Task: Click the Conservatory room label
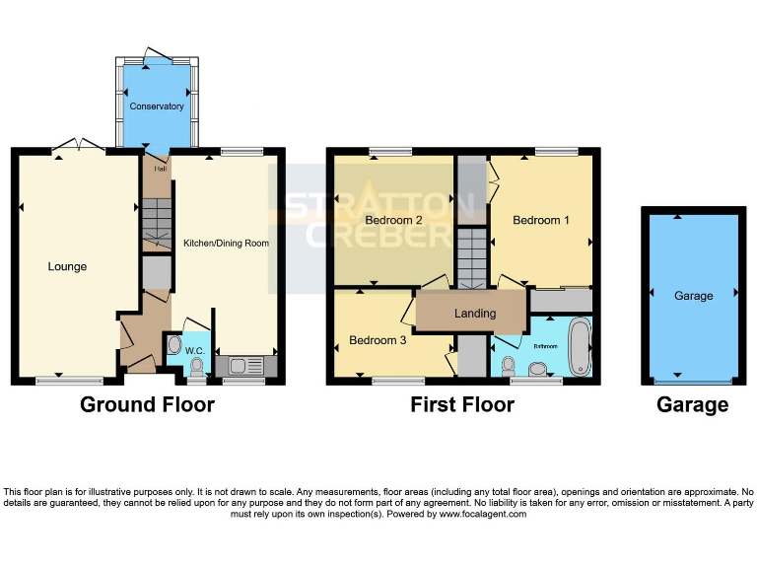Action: (157, 106)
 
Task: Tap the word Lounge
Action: (67, 266)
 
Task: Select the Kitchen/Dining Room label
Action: (226, 243)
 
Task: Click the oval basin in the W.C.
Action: (174, 345)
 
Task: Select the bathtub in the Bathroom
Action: (580, 346)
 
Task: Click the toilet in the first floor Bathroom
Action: (508, 366)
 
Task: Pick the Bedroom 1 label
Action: (541, 221)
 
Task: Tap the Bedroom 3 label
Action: (378, 341)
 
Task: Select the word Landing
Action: (474, 314)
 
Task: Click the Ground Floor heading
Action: (147, 404)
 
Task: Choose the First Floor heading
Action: (463, 404)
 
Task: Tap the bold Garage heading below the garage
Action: (693, 404)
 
